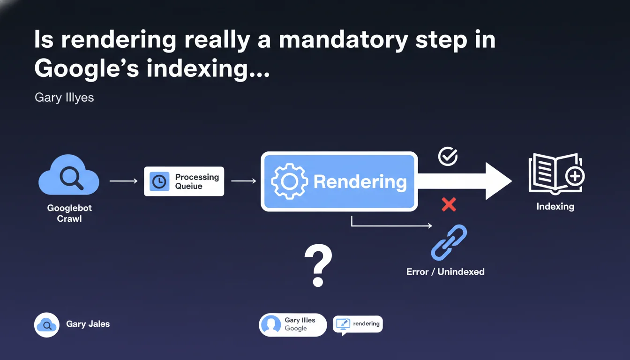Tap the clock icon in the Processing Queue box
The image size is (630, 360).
pos(159,181)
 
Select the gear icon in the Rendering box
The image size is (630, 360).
pos(290,181)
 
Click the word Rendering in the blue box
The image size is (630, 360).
pos(360,182)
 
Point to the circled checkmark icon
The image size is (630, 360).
pos(448,157)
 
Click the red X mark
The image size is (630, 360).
pos(449,204)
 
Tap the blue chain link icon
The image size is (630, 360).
pos(449,242)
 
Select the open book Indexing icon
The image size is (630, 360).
pos(556,174)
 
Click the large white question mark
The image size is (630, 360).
pos(318,266)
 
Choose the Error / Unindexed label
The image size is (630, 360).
pos(445,272)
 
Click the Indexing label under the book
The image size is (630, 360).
pos(555,206)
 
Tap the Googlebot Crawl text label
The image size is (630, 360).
pos(69,213)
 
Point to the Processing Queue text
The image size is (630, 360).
pos(197,181)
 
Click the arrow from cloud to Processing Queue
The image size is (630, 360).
pos(123,181)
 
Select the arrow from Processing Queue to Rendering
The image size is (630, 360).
pos(243,181)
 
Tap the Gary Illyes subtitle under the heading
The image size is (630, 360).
pos(64,98)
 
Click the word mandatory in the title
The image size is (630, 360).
pos(343,41)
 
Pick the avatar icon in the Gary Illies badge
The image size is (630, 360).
pos(271,325)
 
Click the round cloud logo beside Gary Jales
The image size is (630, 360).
pos(47,325)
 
